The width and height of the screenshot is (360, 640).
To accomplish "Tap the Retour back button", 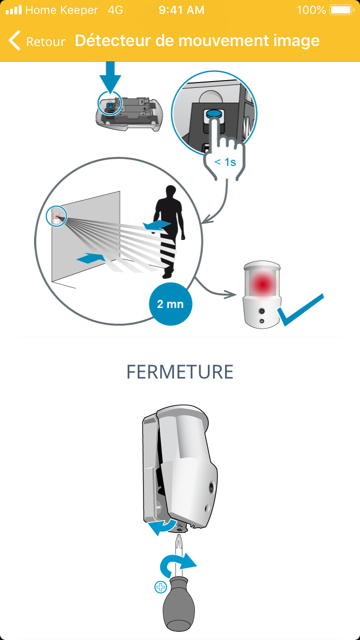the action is [x=37, y=41].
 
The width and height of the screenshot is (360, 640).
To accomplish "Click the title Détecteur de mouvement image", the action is [x=197, y=41].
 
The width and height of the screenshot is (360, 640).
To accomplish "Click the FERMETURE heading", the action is [x=180, y=372].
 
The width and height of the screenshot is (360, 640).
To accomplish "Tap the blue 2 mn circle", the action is [x=170, y=304].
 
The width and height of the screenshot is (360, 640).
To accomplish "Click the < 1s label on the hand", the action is [x=225, y=162].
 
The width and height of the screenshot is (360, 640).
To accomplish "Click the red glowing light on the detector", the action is [x=262, y=284].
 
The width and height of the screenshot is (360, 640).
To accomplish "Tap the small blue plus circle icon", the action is [x=160, y=587].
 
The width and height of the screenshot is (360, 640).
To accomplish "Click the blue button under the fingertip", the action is [x=214, y=114].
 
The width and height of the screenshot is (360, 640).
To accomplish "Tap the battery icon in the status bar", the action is [x=342, y=10].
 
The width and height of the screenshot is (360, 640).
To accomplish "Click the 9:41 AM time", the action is [x=181, y=10].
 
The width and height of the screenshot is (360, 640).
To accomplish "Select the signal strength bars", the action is [x=14, y=10].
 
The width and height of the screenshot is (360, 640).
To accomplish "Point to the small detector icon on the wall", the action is [x=57, y=216].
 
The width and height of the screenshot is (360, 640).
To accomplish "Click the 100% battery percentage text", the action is [x=311, y=10].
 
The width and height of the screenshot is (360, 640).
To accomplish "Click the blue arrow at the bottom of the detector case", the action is [x=162, y=526].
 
